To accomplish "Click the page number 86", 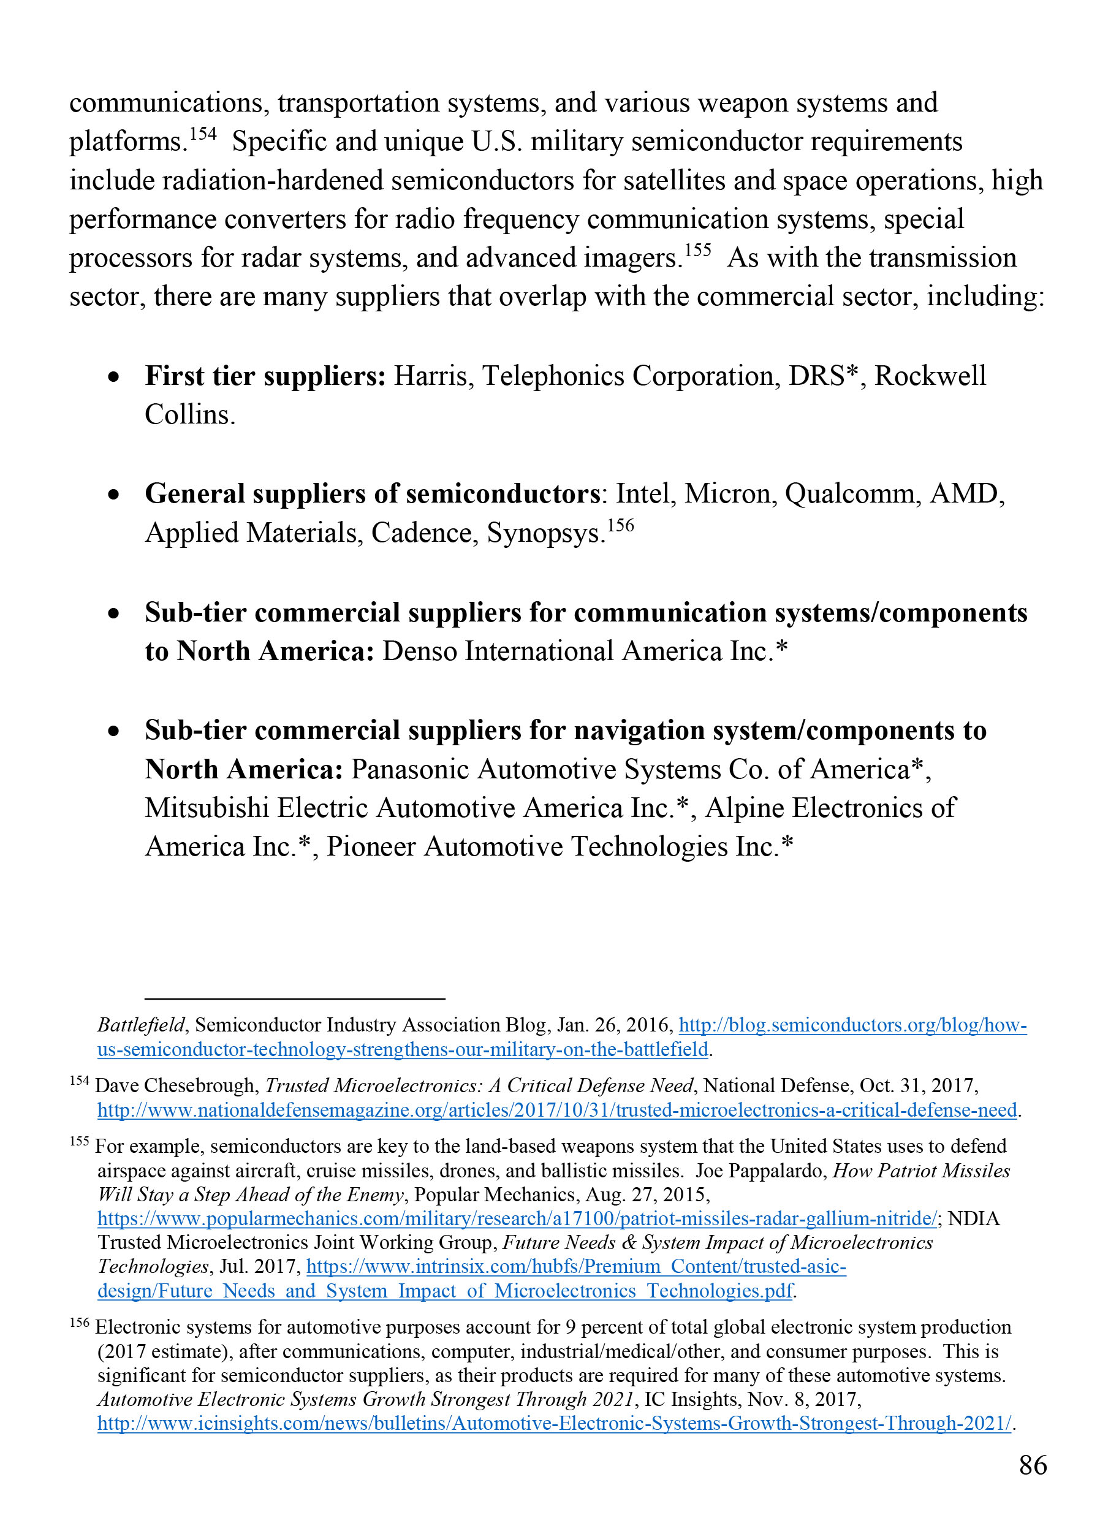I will pos(1033,1465).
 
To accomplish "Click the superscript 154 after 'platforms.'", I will pos(202,134).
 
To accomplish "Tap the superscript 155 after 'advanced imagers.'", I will pos(697,250).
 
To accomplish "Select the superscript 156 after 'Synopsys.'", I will pos(620,525).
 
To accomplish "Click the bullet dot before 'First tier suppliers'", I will pos(115,377).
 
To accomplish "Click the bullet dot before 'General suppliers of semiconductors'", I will pos(115,495).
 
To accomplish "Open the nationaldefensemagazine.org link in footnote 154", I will pos(557,1110).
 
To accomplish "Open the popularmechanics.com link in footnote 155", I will pos(517,1218).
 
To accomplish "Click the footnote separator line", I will pos(295,998).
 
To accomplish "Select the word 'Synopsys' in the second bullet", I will pos(544,533).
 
